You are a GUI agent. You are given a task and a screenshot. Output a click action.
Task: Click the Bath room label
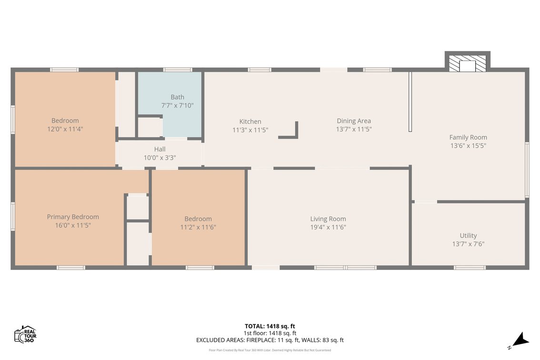point(177,97)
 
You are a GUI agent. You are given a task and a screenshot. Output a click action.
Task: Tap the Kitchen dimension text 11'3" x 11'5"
point(250,130)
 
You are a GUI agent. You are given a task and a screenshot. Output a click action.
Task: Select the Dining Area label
point(354,121)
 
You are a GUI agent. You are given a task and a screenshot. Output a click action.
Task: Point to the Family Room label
point(468,137)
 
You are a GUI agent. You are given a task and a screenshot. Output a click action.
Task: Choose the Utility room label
point(468,236)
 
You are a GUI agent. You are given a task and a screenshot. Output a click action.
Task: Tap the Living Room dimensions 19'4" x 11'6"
point(328,227)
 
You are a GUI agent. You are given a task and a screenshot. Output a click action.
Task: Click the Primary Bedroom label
point(73,217)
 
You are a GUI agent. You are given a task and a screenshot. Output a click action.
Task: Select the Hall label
point(160,149)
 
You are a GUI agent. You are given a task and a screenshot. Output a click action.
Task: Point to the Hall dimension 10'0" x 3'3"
point(160,158)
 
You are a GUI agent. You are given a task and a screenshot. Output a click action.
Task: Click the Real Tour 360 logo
point(25,334)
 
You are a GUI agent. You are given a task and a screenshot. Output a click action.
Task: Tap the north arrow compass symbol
point(519,340)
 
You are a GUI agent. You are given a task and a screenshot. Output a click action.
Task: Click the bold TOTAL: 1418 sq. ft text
point(270,326)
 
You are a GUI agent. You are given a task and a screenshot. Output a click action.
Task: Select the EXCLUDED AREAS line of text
point(270,340)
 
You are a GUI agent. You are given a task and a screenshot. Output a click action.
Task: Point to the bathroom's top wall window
point(178,70)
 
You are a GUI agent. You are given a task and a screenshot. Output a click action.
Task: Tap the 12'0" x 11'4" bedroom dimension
point(65,129)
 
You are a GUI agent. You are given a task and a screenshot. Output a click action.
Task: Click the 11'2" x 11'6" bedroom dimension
point(198,227)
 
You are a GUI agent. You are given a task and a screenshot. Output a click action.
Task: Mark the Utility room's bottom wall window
point(470,267)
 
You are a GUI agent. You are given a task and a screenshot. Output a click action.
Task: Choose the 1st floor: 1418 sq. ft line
point(270,333)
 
